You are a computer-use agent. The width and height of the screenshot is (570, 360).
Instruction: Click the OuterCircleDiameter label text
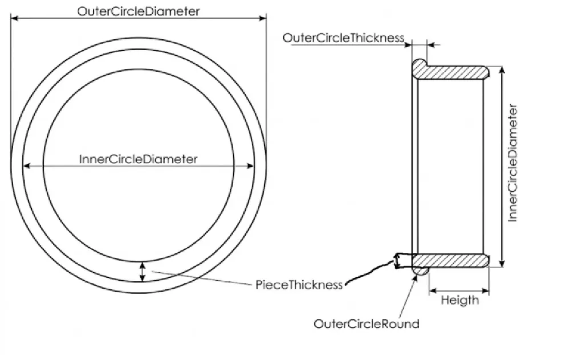(x=139, y=11)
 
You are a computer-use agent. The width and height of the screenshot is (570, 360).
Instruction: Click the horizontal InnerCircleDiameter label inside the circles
(x=138, y=159)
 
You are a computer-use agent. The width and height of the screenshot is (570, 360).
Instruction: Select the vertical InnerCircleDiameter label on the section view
(x=512, y=163)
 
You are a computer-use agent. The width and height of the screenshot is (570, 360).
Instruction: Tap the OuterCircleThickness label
(x=343, y=38)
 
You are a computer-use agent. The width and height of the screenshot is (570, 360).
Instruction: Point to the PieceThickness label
(x=299, y=284)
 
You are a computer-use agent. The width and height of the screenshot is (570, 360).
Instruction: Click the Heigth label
(x=460, y=300)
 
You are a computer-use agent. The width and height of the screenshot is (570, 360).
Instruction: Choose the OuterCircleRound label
(x=366, y=324)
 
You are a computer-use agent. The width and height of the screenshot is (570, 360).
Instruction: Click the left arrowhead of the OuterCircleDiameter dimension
(x=15, y=18)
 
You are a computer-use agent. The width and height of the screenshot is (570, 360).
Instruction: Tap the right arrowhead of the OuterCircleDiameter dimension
(x=262, y=18)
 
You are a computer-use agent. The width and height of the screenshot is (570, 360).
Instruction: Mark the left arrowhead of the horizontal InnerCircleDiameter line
(x=27, y=166)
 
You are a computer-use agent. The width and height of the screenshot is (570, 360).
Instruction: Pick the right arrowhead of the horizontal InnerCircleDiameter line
(x=250, y=166)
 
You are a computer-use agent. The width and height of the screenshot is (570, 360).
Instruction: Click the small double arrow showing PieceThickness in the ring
(x=142, y=272)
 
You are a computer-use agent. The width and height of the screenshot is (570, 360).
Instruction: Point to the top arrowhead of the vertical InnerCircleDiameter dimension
(x=502, y=71)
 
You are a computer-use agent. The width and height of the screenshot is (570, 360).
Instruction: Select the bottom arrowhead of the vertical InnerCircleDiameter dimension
(x=502, y=263)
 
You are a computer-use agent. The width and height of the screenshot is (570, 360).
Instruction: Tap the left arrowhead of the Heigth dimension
(x=433, y=291)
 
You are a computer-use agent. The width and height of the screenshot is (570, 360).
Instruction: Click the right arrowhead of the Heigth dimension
(x=485, y=291)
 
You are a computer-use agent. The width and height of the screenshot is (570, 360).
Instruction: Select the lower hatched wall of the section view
(x=451, y=260)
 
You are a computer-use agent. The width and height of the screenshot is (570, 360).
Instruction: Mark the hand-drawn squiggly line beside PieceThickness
(x=374, y=271)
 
